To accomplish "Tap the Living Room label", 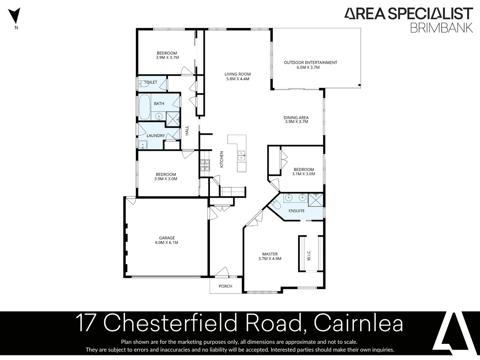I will point(237,76).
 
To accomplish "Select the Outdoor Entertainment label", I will point(310,65).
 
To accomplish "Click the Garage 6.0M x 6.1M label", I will point(167,240).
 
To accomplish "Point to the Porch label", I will point(225,286).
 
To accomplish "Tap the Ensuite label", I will point(296,211).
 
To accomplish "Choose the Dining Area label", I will point(296,119).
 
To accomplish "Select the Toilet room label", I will point(151,82).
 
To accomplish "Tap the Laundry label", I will point(156,136).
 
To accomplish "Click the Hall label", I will point(187,130).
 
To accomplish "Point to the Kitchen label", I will point(222,159).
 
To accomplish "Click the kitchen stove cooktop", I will point(205,165).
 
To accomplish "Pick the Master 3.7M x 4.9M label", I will point(270,256).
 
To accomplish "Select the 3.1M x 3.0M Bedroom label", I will point(303,171).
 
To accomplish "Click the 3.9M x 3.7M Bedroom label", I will point(167,55).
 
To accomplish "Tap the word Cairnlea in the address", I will point(358,323).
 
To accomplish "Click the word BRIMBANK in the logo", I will point(441,27).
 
